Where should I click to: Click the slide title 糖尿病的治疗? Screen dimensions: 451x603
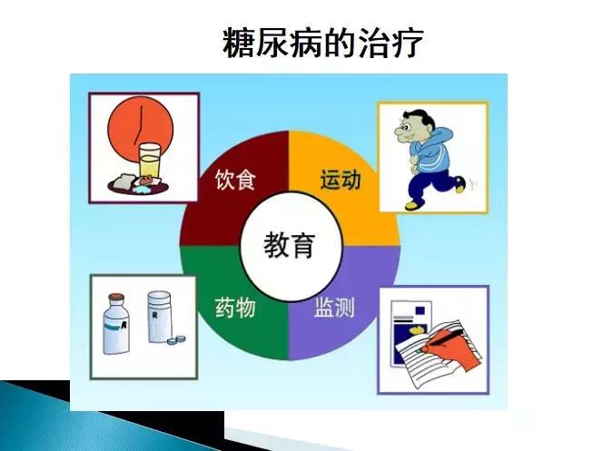(322, 42)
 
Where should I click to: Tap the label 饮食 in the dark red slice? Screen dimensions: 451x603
(234, 180)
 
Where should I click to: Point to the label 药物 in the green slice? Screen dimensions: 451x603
(234, 308)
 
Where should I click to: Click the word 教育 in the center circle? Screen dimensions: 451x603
(289, 244)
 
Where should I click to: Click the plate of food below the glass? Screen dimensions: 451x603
(136, 184)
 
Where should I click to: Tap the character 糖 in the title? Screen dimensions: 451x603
(238, 42)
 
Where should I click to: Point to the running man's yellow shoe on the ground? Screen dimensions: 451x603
(413, 205)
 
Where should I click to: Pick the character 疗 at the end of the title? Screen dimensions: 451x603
(406, 42)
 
